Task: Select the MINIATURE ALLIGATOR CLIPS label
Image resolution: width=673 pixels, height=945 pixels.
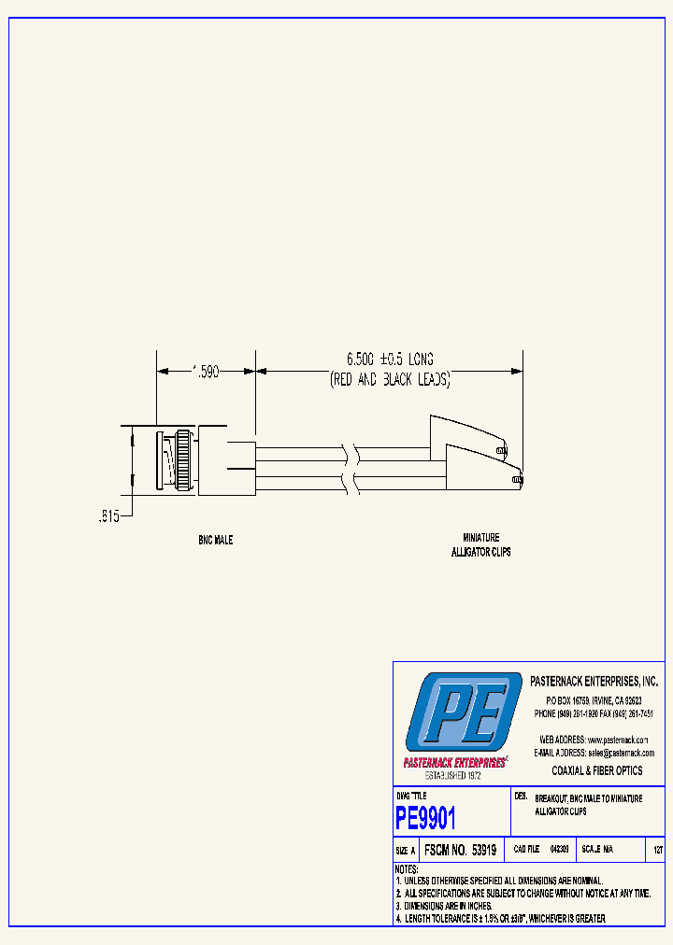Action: tap(480, 544)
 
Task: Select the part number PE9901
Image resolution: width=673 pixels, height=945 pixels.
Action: tap(425, 819)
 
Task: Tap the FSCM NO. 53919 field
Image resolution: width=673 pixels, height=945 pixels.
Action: tap(459, 851)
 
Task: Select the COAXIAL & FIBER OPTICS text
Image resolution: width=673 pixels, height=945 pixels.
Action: tap(597, 771)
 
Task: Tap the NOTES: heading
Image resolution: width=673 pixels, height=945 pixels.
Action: tap(407, 869)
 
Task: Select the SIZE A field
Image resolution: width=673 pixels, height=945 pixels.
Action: tap(406, 851)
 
